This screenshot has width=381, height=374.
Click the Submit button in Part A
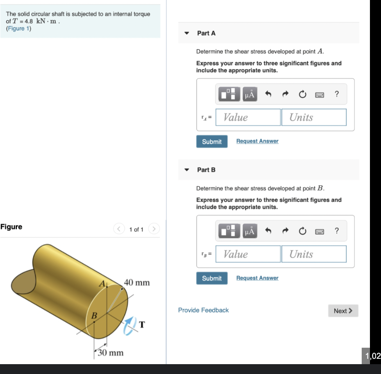(x=212, y=141)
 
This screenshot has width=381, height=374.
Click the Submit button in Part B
(x=212, y=278)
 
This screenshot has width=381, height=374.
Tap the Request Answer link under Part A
(x=257, y=141)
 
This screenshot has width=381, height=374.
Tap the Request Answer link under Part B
(x=257, y=278)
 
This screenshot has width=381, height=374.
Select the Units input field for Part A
(x=313, y=117)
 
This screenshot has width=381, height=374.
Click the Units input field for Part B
(x=313, y=254)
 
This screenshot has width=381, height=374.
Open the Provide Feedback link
(x=203, y=310)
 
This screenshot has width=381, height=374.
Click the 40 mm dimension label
(x=137, y=283)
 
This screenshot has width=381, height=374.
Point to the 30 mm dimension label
(x=110, y=353)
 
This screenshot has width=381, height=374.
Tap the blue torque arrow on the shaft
(x=129, y=325)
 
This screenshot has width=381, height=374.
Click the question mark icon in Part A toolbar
(x=337, y=94)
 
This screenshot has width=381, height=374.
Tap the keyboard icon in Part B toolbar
(x=320, y=231)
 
